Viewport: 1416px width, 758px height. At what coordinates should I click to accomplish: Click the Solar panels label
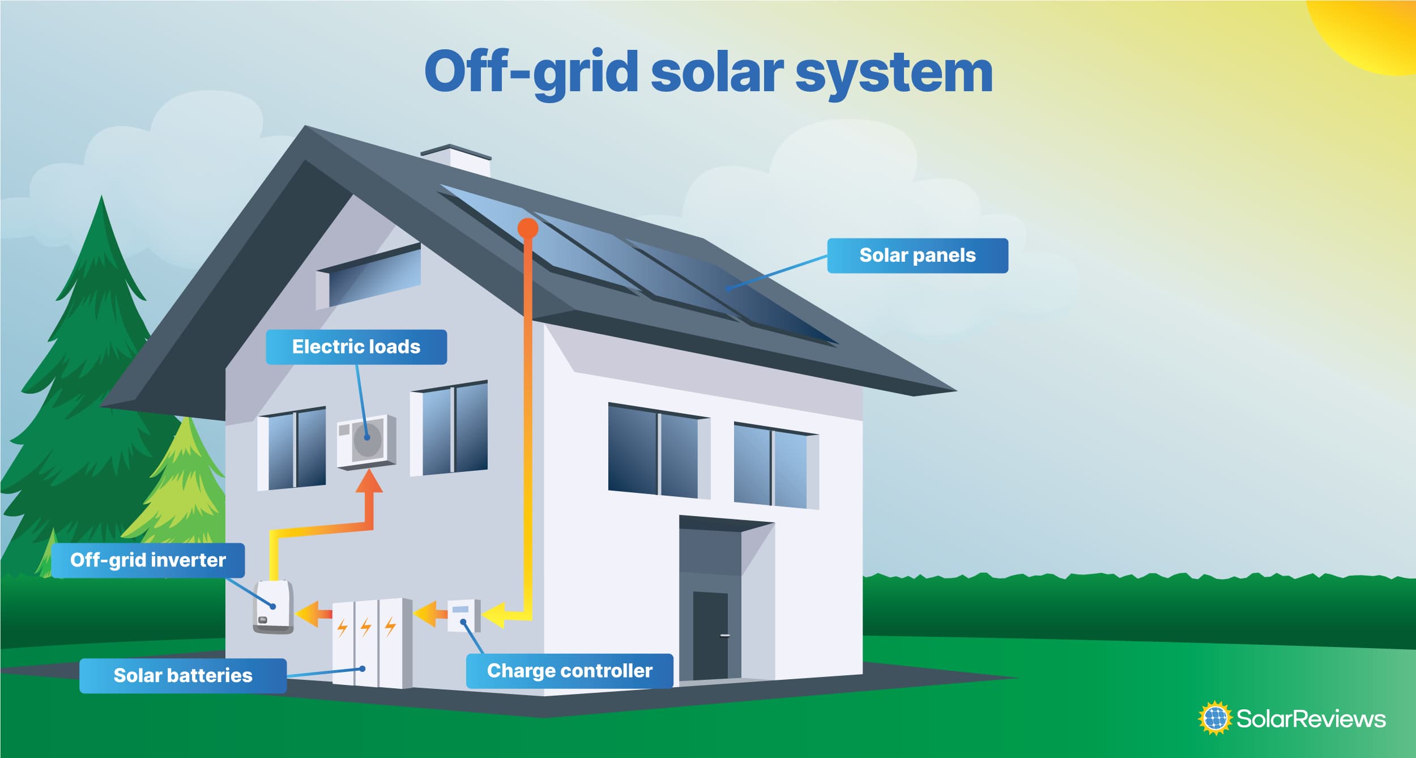pos(917,255)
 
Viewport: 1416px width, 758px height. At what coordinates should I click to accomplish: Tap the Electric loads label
pos(356,347)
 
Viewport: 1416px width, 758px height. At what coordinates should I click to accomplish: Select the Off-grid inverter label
pos(148,560)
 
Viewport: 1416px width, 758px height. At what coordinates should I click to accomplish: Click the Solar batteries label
pos(182,675)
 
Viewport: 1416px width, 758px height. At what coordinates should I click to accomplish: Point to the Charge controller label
pos(569,671)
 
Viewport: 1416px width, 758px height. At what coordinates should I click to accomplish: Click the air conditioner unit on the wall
pos(366,441)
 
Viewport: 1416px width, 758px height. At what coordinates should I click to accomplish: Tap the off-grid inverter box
pos(273,607)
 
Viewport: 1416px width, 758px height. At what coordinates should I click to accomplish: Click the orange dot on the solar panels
pos(527,228)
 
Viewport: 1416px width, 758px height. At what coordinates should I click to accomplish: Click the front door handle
pos(724,636)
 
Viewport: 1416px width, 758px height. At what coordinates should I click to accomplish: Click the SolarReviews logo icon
pos(1215,718)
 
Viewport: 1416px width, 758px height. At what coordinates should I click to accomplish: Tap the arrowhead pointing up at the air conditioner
pos(369,482)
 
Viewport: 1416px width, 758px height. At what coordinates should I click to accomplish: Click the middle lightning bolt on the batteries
pos(366,627)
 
